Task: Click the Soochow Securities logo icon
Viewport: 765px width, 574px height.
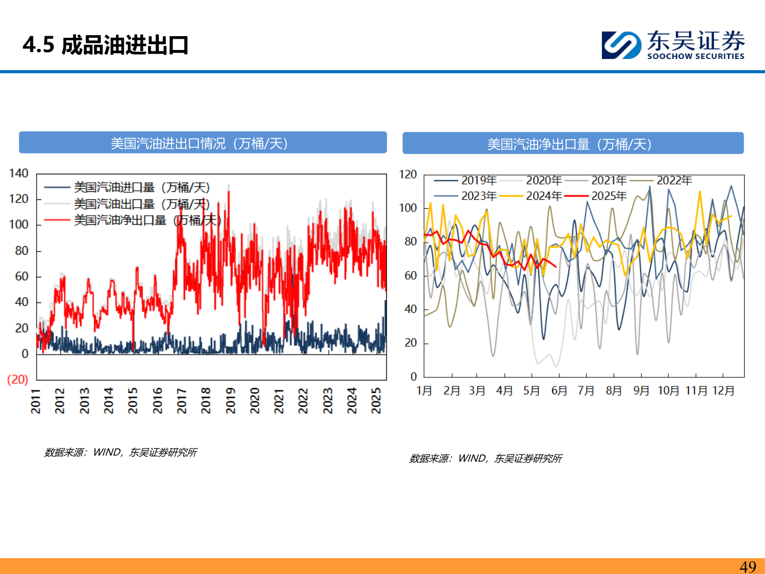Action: [620, 45]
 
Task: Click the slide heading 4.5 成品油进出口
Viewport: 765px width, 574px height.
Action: [106, 45]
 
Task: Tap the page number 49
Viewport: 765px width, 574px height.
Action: [748, 567]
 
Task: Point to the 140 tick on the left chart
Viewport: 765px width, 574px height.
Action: [19, 173]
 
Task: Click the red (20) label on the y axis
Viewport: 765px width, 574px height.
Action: [18, 379]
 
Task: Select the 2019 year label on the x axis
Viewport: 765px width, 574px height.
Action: [231, 400]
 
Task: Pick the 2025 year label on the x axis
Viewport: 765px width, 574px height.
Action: [376, 400]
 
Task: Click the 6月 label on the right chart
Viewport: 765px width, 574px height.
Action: [559, 391]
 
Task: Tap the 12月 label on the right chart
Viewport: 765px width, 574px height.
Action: [723, 391]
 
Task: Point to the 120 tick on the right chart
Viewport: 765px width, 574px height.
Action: [408, 174]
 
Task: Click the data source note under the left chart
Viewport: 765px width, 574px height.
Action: [121, 452]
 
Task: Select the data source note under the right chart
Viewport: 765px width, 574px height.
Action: [486, 458]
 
